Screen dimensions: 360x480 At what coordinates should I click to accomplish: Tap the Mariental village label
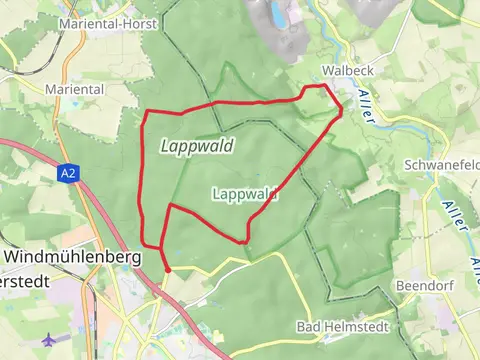pos(75,88)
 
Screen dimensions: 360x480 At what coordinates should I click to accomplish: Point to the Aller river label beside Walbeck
pos(364,104)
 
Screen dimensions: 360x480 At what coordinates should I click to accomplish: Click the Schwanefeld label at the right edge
pos(442,164)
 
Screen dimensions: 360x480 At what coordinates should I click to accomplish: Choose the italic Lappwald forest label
pos(196,146)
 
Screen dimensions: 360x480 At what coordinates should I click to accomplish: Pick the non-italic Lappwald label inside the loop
pos(245,195)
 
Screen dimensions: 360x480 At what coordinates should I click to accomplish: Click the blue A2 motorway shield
pos(67,173)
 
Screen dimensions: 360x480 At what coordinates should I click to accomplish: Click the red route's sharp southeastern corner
pos(245,241)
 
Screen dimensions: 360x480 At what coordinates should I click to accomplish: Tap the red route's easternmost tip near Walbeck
pos(342,111)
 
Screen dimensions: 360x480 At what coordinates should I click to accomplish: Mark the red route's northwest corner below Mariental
pos(148,109)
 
